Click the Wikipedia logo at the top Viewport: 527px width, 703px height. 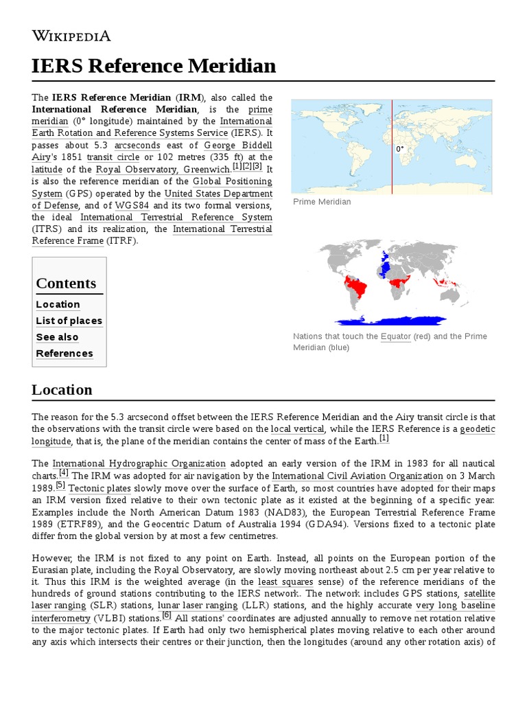click(71, 36)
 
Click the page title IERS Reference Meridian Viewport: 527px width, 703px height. click(154, 66)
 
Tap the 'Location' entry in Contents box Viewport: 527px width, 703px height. click(58, 304)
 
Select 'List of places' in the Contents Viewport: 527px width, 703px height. click(69, 321)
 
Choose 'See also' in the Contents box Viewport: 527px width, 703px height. click(57, 337)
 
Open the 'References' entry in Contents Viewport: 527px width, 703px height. click(65, 354)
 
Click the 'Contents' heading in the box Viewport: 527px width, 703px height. click(66, 284)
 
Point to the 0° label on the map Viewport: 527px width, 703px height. click(399, 149)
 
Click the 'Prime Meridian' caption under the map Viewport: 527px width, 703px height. click(322, 202)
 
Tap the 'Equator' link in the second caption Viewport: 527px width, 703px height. click(396, 336)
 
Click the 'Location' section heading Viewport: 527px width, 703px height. click(62, 390)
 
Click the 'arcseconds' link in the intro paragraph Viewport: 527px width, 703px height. click(137, 146)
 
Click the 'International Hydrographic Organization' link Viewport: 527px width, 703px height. click(139, 463)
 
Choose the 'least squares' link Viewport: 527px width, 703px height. click(285, 581)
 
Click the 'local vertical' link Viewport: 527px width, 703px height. click(297, 429)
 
